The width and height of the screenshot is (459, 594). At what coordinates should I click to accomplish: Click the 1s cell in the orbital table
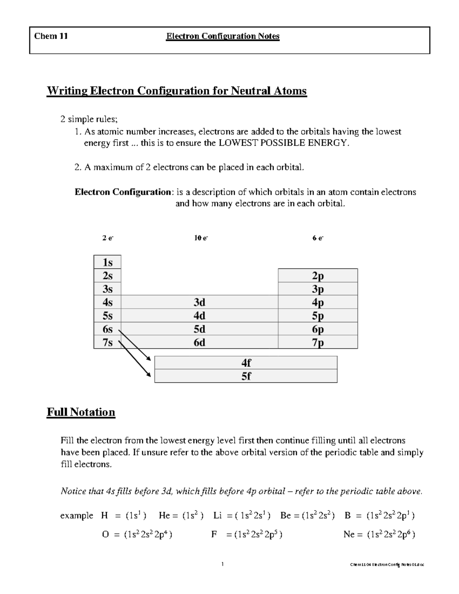107,262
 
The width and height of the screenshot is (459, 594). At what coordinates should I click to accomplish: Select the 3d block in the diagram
199,303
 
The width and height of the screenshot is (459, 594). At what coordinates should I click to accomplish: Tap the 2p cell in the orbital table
318,276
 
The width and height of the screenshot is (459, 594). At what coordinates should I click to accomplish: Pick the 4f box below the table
246,363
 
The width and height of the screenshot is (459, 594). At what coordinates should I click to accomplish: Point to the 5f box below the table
246,376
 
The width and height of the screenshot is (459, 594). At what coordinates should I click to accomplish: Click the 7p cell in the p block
318,342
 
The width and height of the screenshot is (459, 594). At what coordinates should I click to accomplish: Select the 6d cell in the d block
199,342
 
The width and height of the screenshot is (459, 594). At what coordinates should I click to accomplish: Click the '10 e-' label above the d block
201,238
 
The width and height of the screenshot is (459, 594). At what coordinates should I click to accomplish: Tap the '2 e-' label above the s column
108,238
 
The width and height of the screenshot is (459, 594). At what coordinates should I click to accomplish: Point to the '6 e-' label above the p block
318,238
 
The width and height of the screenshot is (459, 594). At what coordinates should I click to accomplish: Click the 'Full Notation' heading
81,412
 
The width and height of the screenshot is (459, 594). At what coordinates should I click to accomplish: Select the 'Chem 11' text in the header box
51,36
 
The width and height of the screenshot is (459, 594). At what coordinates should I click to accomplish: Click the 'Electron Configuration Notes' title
223,36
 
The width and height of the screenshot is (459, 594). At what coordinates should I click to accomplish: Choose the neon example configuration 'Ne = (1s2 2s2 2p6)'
379,534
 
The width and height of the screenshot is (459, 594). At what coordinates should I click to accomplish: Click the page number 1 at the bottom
223,564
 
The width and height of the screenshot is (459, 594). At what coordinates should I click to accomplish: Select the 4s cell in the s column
107,303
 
